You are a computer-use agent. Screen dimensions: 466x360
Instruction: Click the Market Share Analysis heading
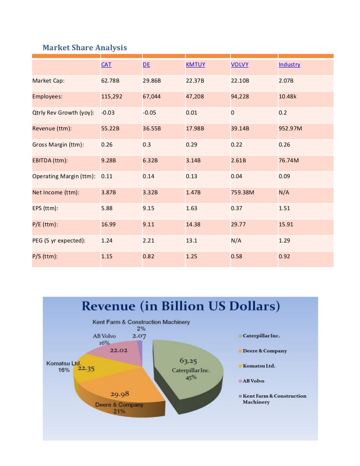point(85,48)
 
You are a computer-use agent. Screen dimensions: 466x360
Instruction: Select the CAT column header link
point(106,65)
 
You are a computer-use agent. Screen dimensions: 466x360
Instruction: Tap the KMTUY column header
point(195,65)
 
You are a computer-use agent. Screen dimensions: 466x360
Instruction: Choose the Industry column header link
point(289,65)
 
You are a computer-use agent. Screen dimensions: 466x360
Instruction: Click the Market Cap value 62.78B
point(110,81)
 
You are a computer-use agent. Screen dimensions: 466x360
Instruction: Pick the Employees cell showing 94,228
point(240,97)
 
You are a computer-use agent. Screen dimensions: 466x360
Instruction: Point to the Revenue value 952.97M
point(290,129)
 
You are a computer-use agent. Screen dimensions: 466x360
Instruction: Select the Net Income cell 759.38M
point(243,193)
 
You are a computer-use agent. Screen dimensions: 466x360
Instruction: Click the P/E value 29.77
point(238,225)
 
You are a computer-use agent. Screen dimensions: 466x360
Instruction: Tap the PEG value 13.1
point(192,241)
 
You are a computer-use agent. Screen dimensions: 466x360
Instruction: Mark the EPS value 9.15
point(148,208)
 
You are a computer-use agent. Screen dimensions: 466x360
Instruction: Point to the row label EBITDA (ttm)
point(50,161)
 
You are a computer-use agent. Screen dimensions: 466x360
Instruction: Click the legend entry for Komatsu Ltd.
point(259,366)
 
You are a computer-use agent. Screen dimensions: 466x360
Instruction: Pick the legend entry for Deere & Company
point(264,351)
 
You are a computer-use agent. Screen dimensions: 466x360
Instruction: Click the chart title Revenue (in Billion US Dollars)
point(181,306)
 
